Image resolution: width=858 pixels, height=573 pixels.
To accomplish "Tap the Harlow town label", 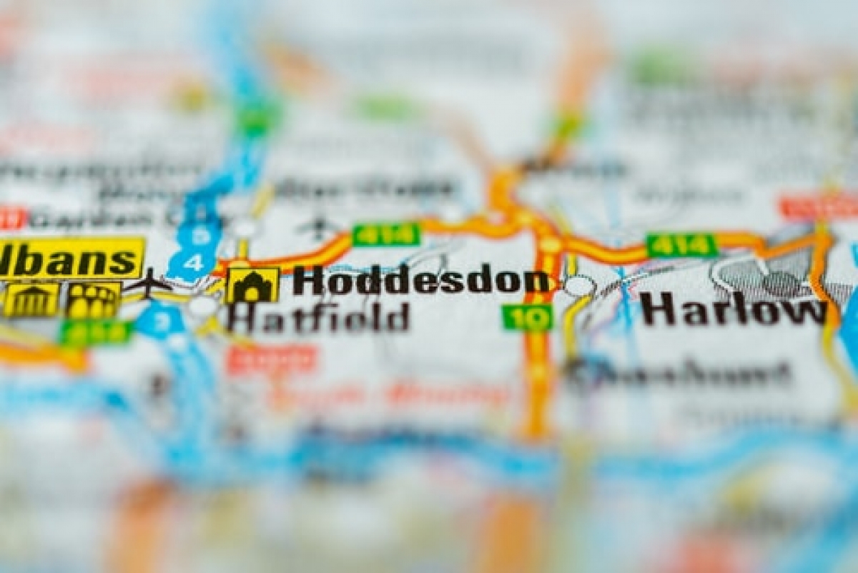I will tap(733, 309).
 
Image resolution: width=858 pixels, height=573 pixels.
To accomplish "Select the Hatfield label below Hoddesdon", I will tap(318, 318).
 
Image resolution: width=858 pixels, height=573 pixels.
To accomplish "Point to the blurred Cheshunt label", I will tap(679, 373).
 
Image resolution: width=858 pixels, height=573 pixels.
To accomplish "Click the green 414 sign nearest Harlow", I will tap(681, 245).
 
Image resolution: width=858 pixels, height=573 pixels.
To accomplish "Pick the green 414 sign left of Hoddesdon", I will tap(386, 234).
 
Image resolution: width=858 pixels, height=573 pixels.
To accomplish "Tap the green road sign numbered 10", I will tap(527, 317).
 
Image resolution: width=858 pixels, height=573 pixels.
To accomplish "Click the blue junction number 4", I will tap(192, 262).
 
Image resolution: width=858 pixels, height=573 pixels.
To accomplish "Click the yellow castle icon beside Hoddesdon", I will tap(252, 285).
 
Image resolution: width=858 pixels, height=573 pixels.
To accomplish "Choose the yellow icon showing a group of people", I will tap(93, 300).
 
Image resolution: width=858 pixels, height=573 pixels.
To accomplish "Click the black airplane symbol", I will tap(148, 284).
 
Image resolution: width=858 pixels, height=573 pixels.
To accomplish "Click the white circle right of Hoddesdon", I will tap(579, 286).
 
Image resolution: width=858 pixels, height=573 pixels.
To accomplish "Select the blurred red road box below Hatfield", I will tap(272, 359).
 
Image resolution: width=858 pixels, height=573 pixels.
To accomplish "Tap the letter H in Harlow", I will tap(656, 309).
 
